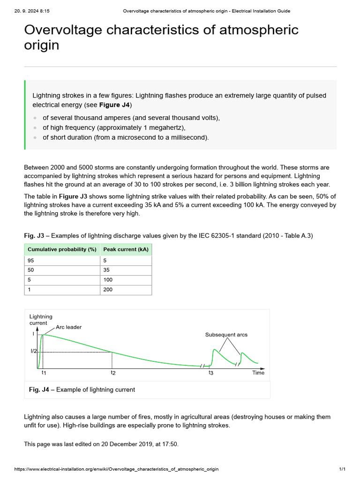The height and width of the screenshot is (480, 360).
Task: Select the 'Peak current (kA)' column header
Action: [x=126, y=249]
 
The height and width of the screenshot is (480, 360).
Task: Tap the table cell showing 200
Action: [x=108, y=290]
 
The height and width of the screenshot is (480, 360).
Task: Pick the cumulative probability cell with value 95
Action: [x=31, y=260]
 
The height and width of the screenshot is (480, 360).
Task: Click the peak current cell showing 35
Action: [x=106, y=270]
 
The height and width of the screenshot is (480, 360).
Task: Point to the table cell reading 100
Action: [x=108, y=280]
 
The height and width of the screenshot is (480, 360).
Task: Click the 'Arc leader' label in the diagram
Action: [x=68, y=327]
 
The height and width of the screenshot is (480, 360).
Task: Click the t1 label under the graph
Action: [x=43, y=373]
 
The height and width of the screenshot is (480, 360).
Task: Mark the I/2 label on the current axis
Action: [x=34, y=352]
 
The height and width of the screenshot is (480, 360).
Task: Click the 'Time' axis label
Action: [x=258, y=373]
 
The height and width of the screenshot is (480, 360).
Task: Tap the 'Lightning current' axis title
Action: [x=41, y=320]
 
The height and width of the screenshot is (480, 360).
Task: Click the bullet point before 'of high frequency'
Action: [x=35, y=127]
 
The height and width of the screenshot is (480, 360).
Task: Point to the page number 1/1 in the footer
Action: [x=342, y=469]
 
